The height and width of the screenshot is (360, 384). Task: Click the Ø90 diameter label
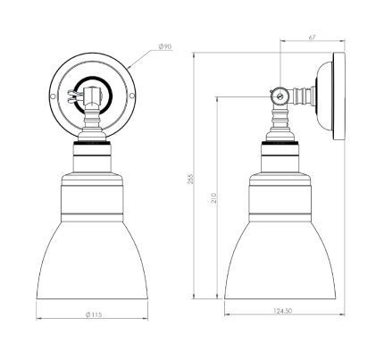(165, 46)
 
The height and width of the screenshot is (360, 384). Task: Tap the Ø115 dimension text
(94, 314)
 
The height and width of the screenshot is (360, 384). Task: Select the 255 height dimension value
(190, 179)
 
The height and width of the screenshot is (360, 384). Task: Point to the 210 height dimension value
(214, 198)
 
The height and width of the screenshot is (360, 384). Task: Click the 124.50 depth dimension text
(282, 311)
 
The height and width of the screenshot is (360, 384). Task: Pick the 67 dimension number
(312, 38)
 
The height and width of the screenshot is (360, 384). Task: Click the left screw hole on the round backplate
(53, 96)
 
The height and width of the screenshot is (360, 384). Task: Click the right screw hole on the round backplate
(132, 96)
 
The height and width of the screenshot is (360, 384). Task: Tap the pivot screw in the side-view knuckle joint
(280, 96)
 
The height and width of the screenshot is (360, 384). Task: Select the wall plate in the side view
(338, 96)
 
